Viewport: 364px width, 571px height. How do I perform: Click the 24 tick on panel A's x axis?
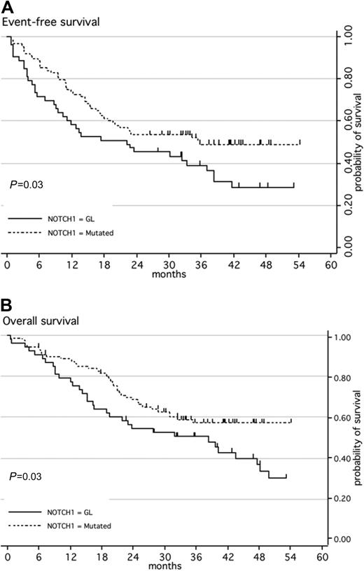pos(129,266)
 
